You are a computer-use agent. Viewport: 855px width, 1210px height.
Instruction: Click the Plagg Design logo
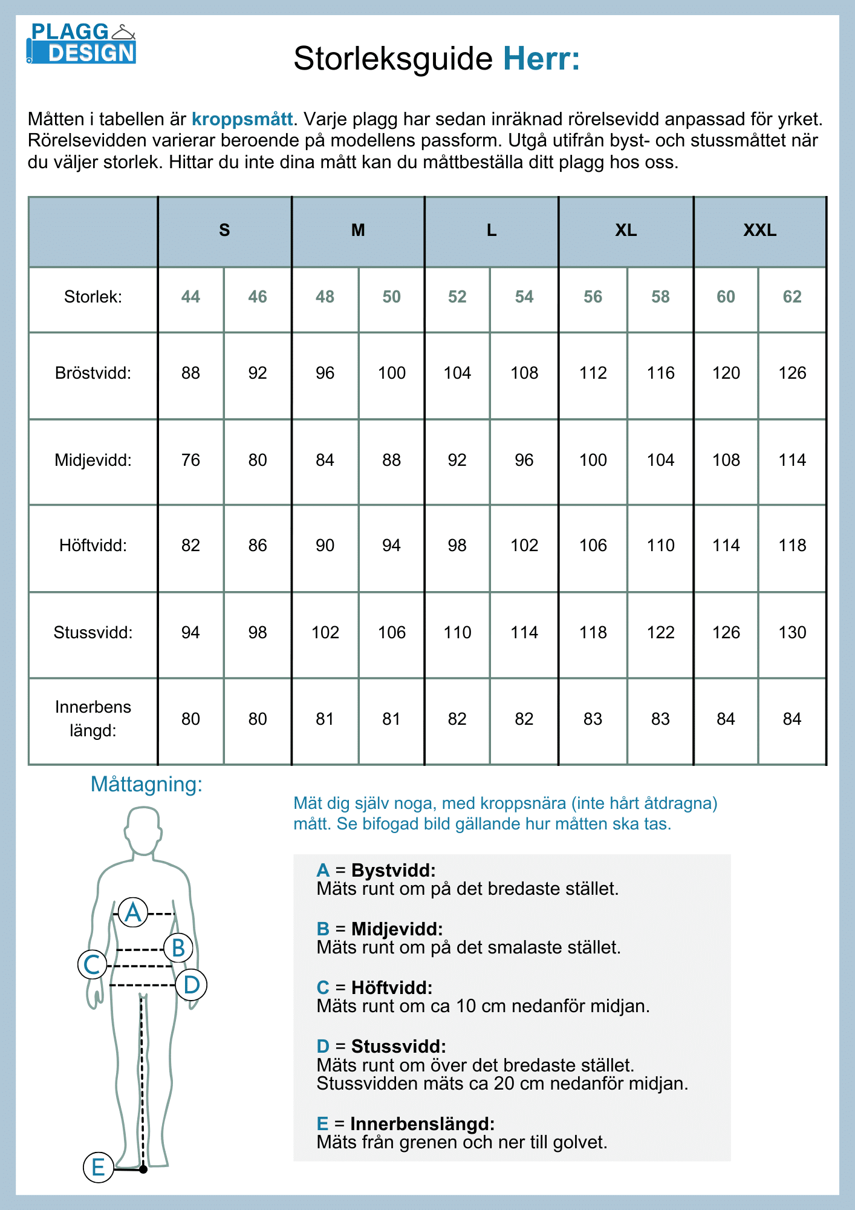(x=81, y=44)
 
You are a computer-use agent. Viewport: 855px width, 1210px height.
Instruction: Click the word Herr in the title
(x=541, y=59)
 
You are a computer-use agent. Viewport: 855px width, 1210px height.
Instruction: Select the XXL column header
(x=759, y=231)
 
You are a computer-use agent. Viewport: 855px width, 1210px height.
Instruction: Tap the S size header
(x=224, y=231)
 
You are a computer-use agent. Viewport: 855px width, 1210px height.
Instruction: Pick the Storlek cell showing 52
(x=457, y=297)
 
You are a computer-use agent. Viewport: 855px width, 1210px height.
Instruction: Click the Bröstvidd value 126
(x=792, y=373)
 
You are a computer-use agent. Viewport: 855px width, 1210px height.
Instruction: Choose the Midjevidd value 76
(x=190, y=460)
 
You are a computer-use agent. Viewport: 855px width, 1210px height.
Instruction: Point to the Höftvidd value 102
(x=524, y=546)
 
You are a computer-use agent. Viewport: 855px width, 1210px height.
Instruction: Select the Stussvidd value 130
(x=792, y=633)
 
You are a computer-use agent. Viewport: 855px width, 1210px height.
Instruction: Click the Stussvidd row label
(x=93, y=633)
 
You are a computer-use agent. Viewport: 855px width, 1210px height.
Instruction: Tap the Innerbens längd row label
(x=93, y=719)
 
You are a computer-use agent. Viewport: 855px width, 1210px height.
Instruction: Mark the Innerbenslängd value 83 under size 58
(x=660, y=719)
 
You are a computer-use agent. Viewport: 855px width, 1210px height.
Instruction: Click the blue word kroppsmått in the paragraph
(x=242, y=119)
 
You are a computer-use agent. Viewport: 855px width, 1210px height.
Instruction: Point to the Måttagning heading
(x=146, y=784)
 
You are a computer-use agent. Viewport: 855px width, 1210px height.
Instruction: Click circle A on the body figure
(x=133, y=912)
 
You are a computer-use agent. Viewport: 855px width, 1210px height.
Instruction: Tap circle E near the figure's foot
(x=98, y=1167)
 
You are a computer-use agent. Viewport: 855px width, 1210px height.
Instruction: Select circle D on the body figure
(x=191, y=985)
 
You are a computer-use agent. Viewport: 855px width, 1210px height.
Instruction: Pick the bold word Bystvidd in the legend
(x=393, y=871)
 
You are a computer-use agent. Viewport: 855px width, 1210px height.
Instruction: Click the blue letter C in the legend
(x=323, y=988)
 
